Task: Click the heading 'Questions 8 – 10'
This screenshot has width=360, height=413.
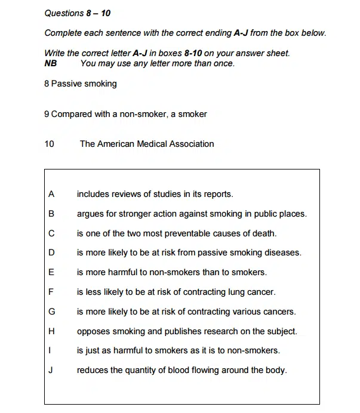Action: (78, 13)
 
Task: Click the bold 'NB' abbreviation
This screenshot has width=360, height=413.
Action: (51, 63)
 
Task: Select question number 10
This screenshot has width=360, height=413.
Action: (49, 144)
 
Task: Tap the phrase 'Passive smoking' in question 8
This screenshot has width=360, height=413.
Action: (84, 84)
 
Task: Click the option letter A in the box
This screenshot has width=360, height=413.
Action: (51, 194)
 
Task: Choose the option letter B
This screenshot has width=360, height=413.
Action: (51, 214)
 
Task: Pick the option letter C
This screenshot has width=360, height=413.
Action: (51, 233)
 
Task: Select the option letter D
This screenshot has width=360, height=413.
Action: (51, 252)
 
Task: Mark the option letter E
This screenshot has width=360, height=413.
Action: (51, 272)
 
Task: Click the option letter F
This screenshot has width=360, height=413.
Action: (51, 292)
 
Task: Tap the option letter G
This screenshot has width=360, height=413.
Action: (51, 312)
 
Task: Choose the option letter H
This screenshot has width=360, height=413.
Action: (51, 331)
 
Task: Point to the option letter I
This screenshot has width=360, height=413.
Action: (51, 350)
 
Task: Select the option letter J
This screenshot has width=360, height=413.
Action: (51, 370)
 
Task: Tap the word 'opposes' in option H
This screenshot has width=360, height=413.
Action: (93, 331)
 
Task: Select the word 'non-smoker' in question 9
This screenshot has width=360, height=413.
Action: (134, 114)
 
